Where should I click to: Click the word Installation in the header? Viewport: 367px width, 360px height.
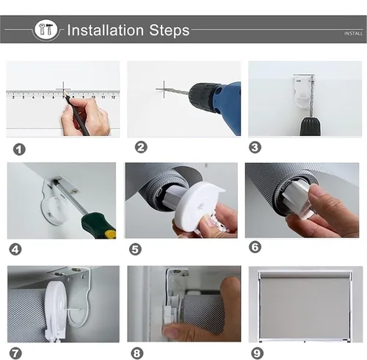[x=106, y=30]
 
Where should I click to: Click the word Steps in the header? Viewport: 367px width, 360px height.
[x=170, y=30]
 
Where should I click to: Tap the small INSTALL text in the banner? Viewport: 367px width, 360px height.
[x=353, y=33]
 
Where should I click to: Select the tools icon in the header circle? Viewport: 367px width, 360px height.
[x=46, y=29]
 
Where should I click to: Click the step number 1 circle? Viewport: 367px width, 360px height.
[x=19, y=149]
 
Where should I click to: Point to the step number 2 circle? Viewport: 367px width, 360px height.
[x=141, y=147]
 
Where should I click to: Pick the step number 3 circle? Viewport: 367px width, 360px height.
[x=255, y=148]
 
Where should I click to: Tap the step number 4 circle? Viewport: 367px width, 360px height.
[x=15, y=250]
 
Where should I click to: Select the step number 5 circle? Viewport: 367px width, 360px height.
[x=135, y=250]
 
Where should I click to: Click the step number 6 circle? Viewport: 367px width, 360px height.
[x=255, y=247]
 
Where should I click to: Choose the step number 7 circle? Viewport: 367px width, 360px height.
[x=15, y=353]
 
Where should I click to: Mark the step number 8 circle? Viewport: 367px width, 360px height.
[x=137, y=353]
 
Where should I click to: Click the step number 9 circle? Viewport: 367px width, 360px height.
[x=257, y=353]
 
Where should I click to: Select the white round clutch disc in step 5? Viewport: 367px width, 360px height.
[x=200, y=204]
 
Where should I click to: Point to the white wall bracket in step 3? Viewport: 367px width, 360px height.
[x=302, y=90]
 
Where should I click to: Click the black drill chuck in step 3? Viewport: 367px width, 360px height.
[x=310, y=126]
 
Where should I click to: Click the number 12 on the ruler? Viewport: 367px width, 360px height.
[x=113, y=97]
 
